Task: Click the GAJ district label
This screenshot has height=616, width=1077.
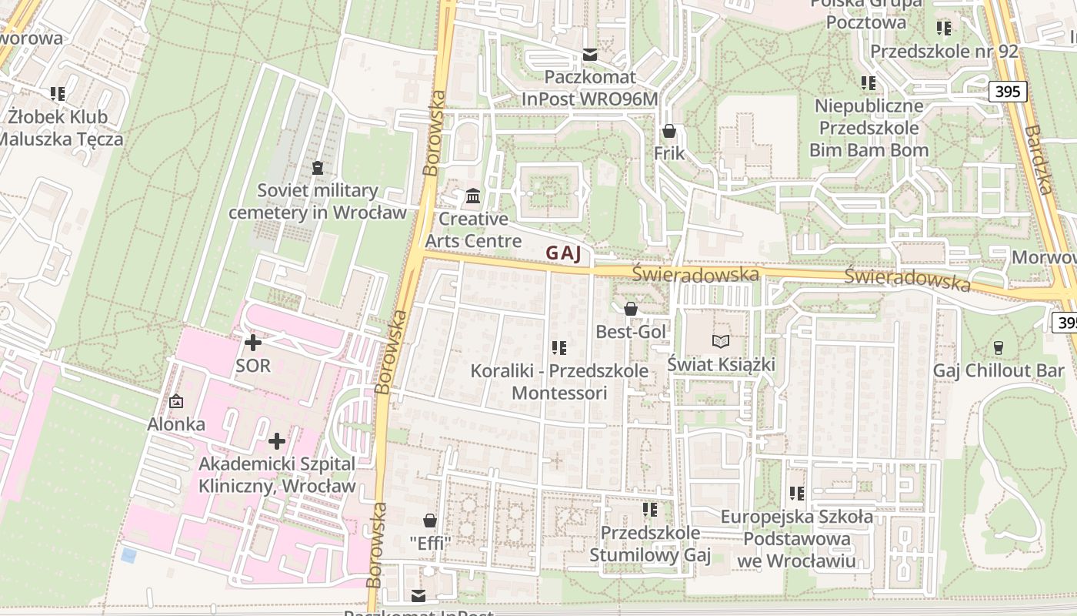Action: pyautogui.click(x=562, y=253)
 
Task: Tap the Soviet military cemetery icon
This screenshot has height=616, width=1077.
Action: pyautogui.click(x=318, y=167)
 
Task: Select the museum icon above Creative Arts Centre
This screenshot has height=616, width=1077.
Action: pyautogui.click(x=473, y=196)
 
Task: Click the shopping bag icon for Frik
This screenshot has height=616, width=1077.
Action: pyautogui.click(x=669, y=131)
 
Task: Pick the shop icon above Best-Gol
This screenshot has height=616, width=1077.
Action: pyautogui.click(x=631, y=309)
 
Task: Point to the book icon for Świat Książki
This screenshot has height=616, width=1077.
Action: pyautogui.click(x=720, y=341)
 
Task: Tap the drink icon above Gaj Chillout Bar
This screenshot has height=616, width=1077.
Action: pyautogui.click(x=999, y=348)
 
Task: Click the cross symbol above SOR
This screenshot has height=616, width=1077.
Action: pyautogui.click(x=252, y=342)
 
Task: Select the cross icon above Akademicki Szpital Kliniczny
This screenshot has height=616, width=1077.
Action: pyautogui.click(x=277, y=441)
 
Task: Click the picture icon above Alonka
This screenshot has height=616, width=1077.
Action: pyautogui.click(x=176, y=401)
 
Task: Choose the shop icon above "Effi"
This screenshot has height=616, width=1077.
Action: pyautogui.click(x=429, y=521)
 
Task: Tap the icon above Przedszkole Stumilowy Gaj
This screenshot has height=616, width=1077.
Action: pyautogui.click(x=650, y=510)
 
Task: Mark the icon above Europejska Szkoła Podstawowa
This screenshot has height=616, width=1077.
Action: pyautogui.click(x=796, y=493)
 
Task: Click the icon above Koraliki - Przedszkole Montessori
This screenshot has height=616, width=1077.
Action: pyautogui.click(x=559, y=348)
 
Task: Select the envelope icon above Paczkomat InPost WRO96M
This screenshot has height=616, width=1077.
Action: pyautogui.click(x=590, y=55)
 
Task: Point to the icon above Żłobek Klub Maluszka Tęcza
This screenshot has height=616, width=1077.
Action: pyautogui.click(x=58, y=94)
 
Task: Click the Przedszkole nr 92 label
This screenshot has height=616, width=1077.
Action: pyautogui.click(x=944, y=52)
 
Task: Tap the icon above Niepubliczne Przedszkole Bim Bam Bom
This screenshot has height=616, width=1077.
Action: pyautogui.click(x=869, y=83)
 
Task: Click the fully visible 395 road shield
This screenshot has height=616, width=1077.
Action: pyautogui.click(x=1007, y=92)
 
